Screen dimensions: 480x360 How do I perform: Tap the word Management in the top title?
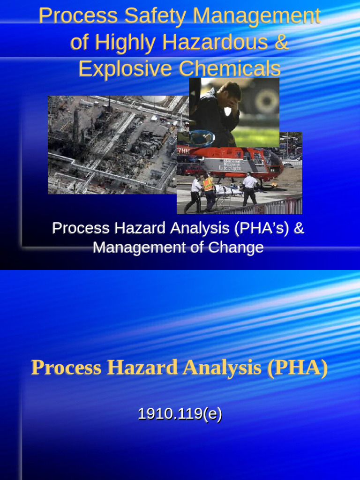point(257,16)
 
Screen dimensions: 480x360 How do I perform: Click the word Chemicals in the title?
point(230,69)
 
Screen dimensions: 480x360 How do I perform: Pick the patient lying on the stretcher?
point(227,190)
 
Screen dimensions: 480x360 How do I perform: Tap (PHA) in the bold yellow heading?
point(297,368)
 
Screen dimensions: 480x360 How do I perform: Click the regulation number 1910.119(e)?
point(180,414)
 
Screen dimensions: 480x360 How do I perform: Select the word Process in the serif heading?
point(66,368)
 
